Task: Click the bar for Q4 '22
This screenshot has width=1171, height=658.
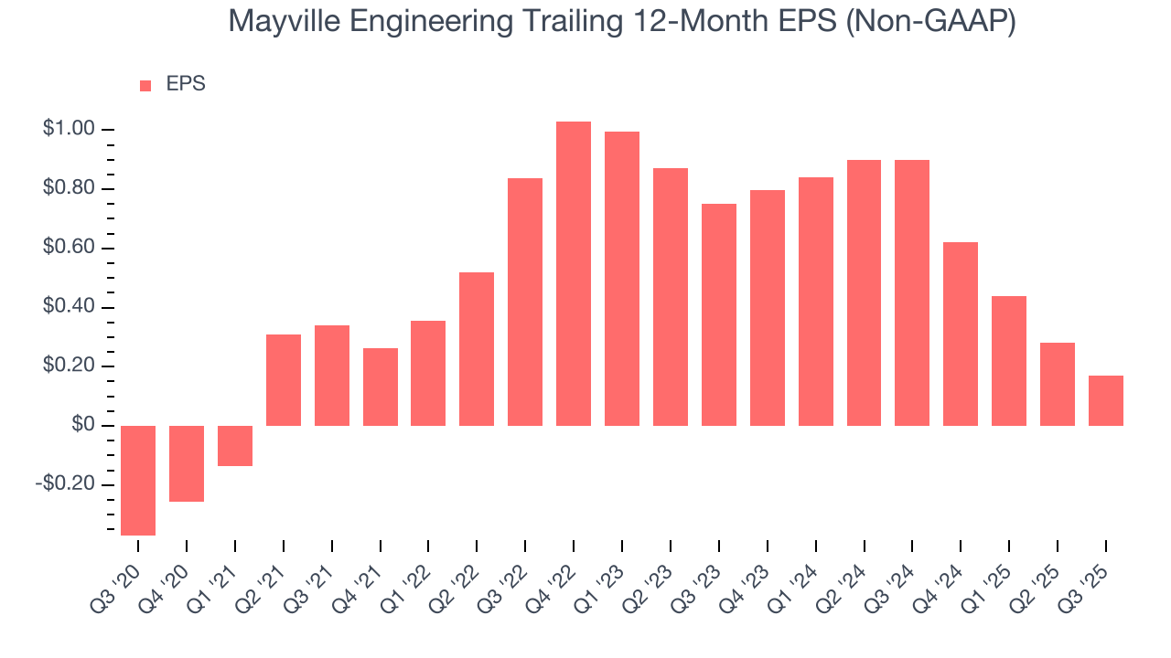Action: pyautogui.click(x=574, y=273)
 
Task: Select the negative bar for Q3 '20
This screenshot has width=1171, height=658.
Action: pyautogui.click(x=138, y=480)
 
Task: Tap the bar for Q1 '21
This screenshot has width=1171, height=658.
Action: pyautogui.click(x=235, y=446)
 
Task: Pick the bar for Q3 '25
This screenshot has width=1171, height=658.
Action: pyautogui.click(x=1105, y=400)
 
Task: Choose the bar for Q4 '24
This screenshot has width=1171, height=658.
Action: pyautogui.click(x=961, y=334)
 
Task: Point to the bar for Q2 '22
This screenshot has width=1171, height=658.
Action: pyautogui.click(x=477, y=349)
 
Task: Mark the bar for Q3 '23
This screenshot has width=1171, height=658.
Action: pyautogui.click(x=719, y=314)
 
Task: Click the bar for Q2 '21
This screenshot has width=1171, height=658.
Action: pyautogui.click(x=284, y=380)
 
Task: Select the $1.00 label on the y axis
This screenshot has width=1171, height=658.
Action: pyautogui.click(x=69, y=130)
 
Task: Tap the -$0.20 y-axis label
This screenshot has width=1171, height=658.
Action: pyautogui.click(x=65, y=484)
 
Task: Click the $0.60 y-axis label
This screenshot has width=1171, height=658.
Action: pyautogui.click(x=69, y=249)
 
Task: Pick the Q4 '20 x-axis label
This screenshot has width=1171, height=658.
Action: pyautogui.click(x=171, y=574)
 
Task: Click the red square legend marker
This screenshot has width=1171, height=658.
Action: pyautogui.click(x=145, y=86)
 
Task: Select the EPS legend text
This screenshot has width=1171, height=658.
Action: pyautogui.click(x=186, y=85)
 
